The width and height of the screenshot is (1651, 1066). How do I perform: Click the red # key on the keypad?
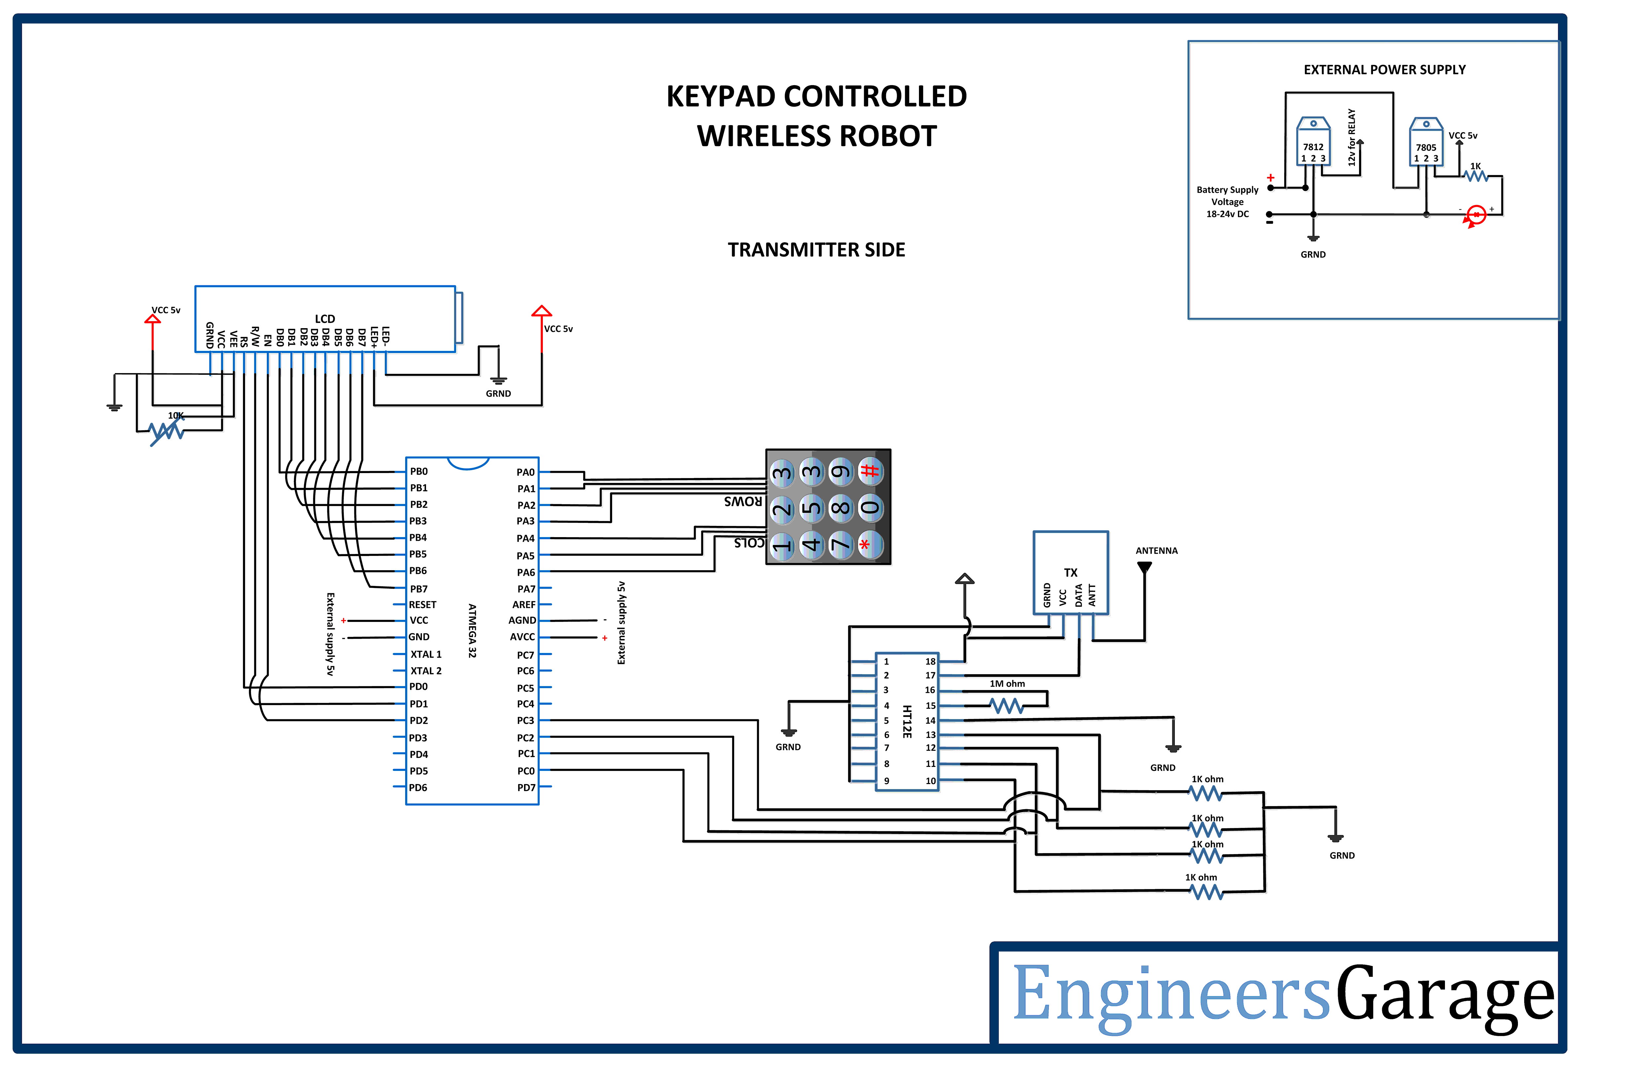tap(870, 471)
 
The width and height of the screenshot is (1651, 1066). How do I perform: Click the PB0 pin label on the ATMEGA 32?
tap(419, 471)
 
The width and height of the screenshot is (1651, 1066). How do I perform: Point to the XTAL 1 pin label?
tap(426, 654)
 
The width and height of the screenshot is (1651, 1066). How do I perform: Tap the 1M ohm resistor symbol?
tap(1006, 706)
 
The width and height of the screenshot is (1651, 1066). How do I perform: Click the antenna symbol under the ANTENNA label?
tap(1144, 567)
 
